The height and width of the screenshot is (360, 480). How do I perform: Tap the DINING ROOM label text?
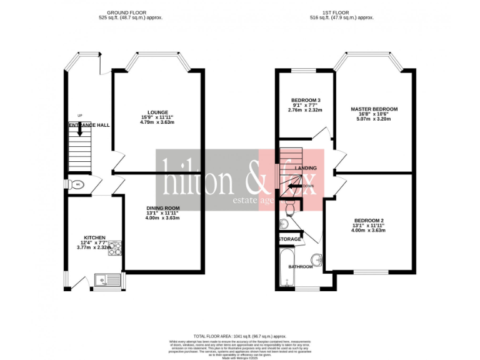tap(163, 208)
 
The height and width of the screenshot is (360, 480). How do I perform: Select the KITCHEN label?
tap(95, 237)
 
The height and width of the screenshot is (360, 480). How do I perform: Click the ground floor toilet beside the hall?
tap(78, 185)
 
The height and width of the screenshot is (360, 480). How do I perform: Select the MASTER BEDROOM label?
tap(374, 109)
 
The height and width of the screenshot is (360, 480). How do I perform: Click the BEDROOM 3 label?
tap(306, 101)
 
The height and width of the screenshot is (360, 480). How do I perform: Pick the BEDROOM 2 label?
tap(368, 221)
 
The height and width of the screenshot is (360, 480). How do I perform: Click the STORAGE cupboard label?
tap(290, 239)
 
